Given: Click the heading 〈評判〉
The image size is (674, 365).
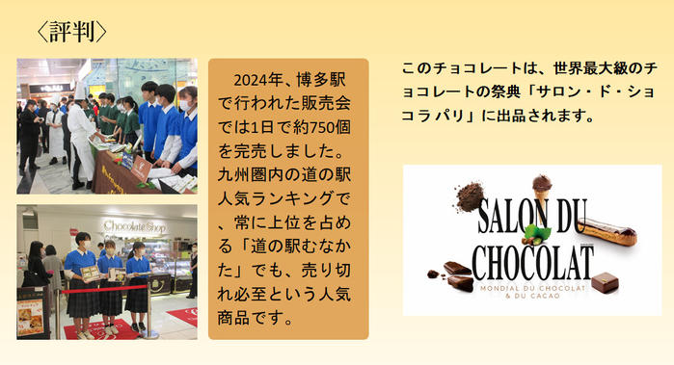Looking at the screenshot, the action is point(71,32).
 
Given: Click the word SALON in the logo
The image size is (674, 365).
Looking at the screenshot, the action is point(513,215).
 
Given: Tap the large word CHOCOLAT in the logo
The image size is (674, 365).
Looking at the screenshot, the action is point(533,262).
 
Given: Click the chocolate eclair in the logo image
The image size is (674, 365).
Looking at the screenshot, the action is point(607,231).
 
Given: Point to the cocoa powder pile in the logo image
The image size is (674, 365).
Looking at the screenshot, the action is point(471,196).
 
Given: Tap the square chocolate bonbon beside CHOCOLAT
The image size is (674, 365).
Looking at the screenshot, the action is point(606,282).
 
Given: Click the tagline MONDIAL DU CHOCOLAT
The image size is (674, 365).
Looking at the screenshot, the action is point(533,288).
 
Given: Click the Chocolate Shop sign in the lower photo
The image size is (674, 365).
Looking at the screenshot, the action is point(135,226).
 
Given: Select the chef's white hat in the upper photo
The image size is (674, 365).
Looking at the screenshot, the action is point(80,91).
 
